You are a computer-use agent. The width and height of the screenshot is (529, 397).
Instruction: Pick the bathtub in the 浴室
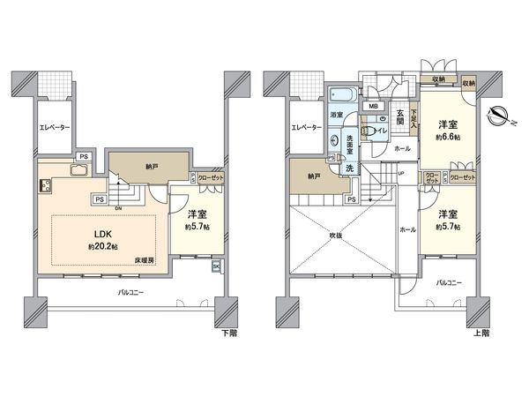pyautogui.click(x=340, y=94)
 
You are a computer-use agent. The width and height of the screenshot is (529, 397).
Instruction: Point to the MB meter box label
pyautogui.click(x=374, y=108)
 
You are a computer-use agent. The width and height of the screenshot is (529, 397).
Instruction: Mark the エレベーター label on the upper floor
pyautogui.click(x=306, y=129)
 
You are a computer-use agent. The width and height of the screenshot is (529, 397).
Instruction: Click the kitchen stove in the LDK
pyautogui.click(x=42, y=187)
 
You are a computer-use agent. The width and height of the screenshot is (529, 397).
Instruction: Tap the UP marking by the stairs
pyautogui.click(x=401, y=173)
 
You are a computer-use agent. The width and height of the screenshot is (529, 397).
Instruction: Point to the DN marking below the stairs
pyautogui.click(x=118, y=208)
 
